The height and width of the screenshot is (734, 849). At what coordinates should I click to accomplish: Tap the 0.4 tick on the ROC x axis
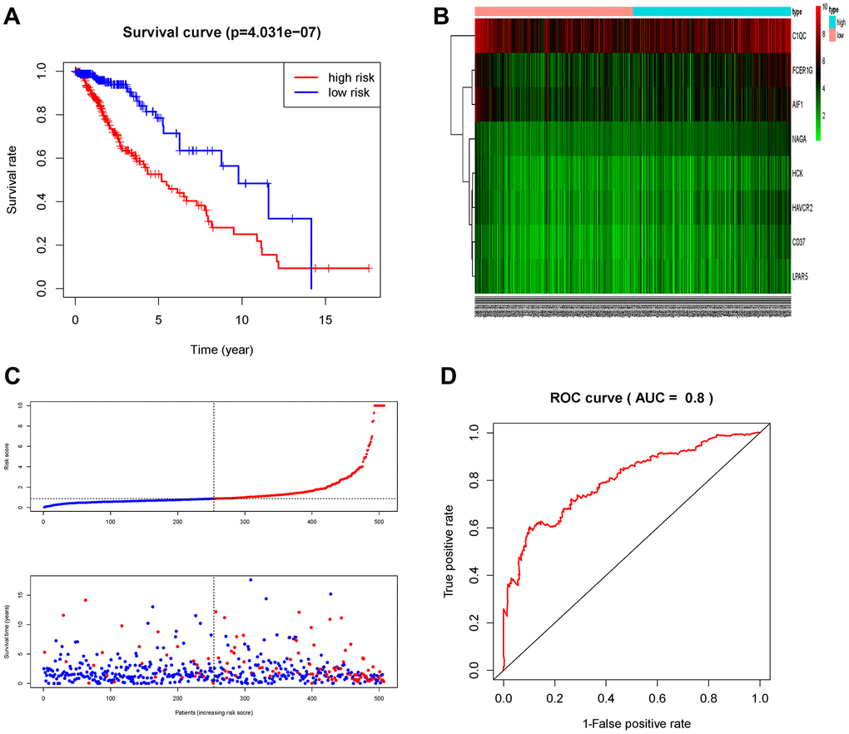(606, 692)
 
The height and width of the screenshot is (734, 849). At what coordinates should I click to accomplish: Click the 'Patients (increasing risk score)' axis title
(213, 712)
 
